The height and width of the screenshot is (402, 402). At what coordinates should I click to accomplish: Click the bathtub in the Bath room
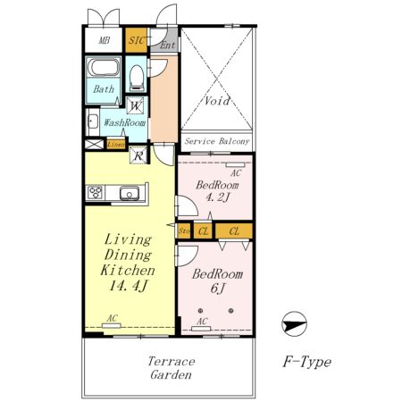click(104, 68)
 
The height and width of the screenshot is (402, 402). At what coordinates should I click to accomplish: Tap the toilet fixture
click(137, 78)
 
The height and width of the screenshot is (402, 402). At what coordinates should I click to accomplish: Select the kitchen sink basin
click(130, 194)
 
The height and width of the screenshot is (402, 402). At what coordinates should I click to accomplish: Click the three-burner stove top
click(96, 193)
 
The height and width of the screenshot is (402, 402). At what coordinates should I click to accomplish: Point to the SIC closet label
click(137, 40)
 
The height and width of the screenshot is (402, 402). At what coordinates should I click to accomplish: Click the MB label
click(105, 40)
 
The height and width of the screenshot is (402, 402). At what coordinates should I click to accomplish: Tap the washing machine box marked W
click(136, 105)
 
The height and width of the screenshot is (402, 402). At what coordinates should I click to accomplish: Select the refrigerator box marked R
click(138, 155)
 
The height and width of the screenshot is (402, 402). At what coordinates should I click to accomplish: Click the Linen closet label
click(116, 145)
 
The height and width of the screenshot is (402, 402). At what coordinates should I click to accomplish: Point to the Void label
click(217, 101)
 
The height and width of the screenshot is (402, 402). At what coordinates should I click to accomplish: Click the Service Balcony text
click(217, 141)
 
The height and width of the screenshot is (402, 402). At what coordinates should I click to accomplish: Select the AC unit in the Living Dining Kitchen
click(111, 326)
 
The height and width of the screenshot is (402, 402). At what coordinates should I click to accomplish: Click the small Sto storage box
click(184, 231)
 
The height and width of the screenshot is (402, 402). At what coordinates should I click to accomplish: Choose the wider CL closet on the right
click(234, 231)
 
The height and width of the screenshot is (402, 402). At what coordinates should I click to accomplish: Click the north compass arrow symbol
click(294, 324)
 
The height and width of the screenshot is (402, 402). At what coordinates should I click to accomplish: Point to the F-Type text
click(306, 362)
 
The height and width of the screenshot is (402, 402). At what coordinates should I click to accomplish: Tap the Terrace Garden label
click(172, 368)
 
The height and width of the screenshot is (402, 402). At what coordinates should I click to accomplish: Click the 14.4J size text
click(128, 286)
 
